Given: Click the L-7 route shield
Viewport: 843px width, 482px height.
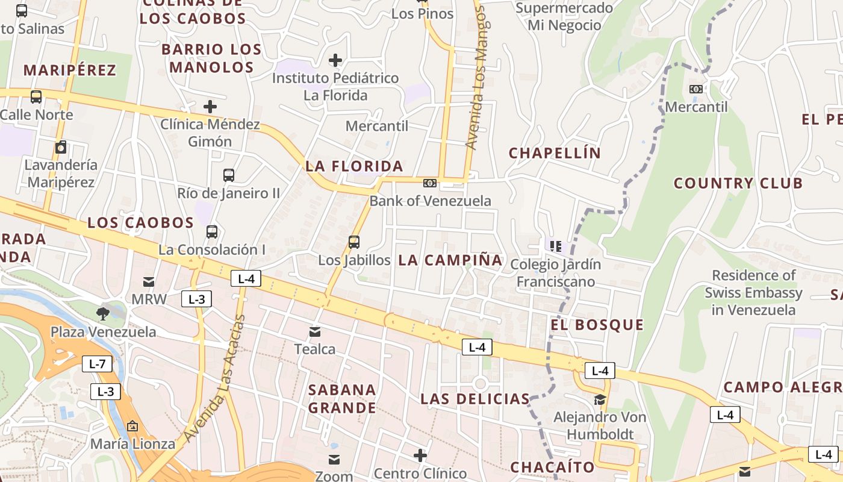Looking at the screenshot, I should [97, 364].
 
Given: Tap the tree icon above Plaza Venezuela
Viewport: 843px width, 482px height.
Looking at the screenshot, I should [103, 313].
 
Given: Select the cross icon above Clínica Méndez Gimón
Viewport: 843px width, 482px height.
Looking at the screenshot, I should [210, 107].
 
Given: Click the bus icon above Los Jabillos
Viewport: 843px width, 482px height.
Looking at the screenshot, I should [354, 242].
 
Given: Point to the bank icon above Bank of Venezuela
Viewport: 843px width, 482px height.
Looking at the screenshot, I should [430, 183].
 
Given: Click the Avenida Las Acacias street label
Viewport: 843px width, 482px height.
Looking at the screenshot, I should [215, 378].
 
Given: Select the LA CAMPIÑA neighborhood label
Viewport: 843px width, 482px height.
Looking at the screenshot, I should [450, 260].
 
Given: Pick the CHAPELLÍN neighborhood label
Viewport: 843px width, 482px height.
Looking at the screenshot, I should [555, 153].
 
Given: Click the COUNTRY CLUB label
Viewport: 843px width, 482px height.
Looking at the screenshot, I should [738, 183].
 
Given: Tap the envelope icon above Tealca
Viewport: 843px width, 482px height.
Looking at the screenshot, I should [315, 331].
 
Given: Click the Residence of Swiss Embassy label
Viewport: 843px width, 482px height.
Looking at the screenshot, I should [753, 293].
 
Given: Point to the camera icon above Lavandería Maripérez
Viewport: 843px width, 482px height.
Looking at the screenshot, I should [61, 148].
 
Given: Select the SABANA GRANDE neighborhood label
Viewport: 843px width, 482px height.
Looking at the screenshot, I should [342, 399].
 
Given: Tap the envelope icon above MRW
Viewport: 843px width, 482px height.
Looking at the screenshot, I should [148, 282].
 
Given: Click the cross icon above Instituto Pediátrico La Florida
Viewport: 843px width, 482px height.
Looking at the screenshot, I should [335, 60].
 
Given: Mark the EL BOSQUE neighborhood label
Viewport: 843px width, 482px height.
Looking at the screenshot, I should [597, 325].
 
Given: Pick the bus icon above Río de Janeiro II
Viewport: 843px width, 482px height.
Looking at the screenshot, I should [229, 175].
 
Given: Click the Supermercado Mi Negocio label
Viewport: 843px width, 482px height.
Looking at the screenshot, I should [564, 17].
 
